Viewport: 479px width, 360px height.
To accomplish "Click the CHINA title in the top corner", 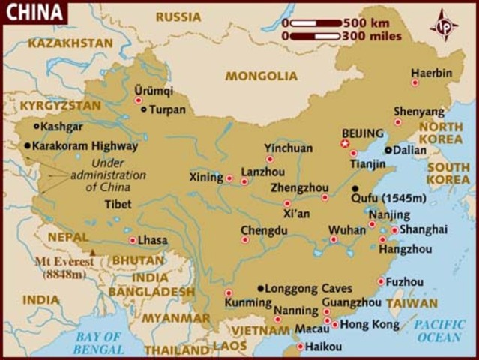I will pyautogui.click(x=32, y=11).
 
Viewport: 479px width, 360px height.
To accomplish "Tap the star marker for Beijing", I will pyautogui.click(x=346, y=143).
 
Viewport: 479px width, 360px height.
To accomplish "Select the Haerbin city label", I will pyautogui.click(x=432, y=73).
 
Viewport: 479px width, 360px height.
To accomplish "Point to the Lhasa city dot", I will pyautogui.click(x=133, y=241).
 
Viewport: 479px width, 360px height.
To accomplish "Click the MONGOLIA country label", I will pyautogui.click(x=262, y=76).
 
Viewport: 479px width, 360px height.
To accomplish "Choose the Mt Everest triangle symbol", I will pyautogui.click(x=93, y=253).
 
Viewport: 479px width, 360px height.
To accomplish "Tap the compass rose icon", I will pyautogui.click(x=444, y=25).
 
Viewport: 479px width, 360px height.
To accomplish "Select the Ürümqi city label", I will pyautogui.click(x=153, y=91).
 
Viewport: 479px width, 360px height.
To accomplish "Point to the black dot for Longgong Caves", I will pyautogui.click(x=261, y=288).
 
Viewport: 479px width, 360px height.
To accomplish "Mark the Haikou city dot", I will pyautogui.click(x=301, y=346).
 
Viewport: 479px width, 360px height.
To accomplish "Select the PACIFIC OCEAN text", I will pyautogui.click(x=440, y=331).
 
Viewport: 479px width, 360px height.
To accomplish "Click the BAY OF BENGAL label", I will pyautogui.click(x=98, y=343).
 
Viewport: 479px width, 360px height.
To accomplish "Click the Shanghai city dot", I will pyautogui.click(x=394, y=230).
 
